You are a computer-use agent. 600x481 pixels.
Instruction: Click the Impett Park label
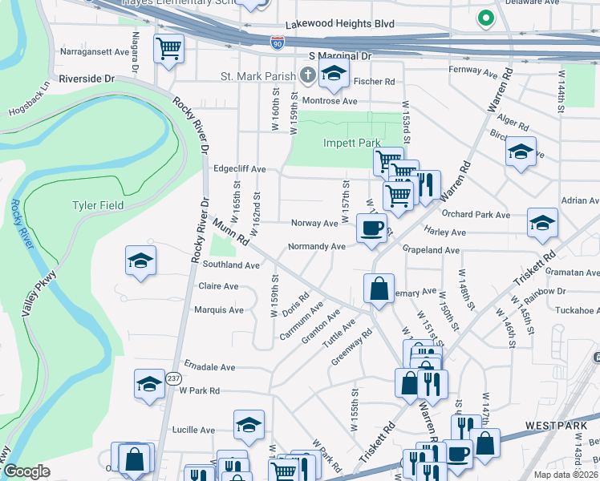[351, 143]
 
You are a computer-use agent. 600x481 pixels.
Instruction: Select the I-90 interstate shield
[278, 42]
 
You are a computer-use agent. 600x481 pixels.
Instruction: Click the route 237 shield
[174, 378]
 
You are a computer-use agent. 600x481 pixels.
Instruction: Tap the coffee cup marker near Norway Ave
[371, 228]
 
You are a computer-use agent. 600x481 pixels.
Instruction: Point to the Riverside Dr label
[86, 80]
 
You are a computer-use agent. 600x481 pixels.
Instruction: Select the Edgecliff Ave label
[239, 169]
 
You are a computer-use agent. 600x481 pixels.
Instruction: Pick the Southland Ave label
[231, 265]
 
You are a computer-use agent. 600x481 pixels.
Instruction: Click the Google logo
[26, 471]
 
